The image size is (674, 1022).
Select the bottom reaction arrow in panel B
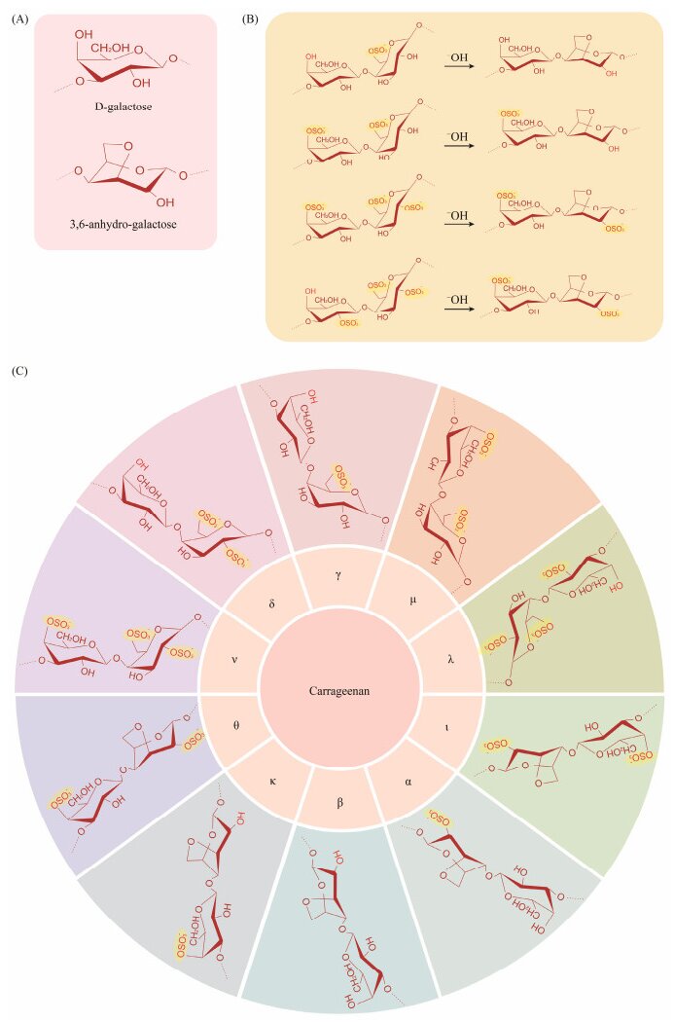[x=459, y=313]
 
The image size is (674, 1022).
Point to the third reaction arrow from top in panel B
[x=459, y=230]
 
